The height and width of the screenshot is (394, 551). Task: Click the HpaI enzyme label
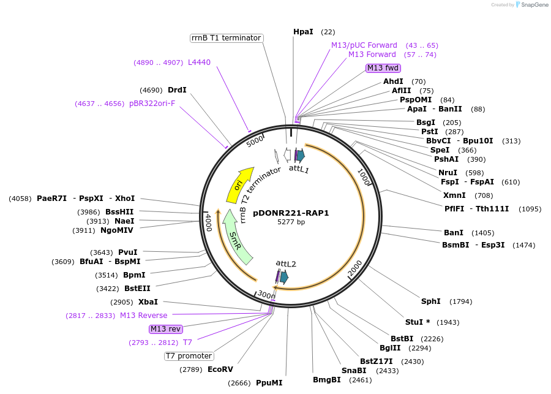(303, 31)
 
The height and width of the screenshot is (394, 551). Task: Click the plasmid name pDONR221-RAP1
(291, 213)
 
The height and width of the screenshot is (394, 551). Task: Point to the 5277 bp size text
(291, 222)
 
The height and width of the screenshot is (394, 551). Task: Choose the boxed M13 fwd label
(383, 68)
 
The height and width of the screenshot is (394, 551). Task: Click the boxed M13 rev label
(166, 329)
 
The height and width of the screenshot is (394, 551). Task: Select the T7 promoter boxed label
(189, 356)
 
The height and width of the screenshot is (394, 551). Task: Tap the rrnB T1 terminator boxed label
(226, 38)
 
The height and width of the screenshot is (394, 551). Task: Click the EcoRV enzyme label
(220, 369)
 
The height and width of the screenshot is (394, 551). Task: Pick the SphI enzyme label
(430, 301)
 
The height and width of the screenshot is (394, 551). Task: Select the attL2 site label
(286, 263)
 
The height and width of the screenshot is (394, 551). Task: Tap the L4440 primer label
(199, 62)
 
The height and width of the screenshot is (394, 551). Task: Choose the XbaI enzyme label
(148, 301)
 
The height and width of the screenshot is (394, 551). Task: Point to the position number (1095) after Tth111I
(530, 208)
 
